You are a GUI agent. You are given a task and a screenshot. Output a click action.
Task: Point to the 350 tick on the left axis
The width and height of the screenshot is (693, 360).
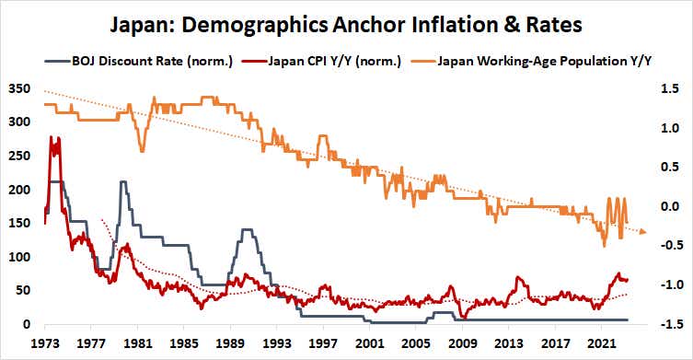18,90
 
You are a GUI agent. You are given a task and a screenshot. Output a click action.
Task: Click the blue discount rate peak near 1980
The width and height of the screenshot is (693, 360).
122,182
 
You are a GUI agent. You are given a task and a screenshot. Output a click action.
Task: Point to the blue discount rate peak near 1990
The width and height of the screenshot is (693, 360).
246,230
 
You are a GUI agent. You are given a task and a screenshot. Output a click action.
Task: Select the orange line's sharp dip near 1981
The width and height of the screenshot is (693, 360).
141,151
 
